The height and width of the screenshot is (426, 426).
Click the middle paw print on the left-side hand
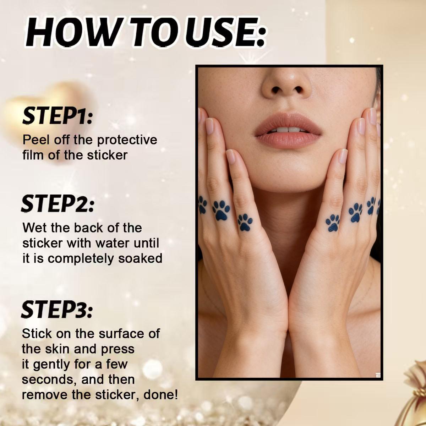point(221,210)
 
